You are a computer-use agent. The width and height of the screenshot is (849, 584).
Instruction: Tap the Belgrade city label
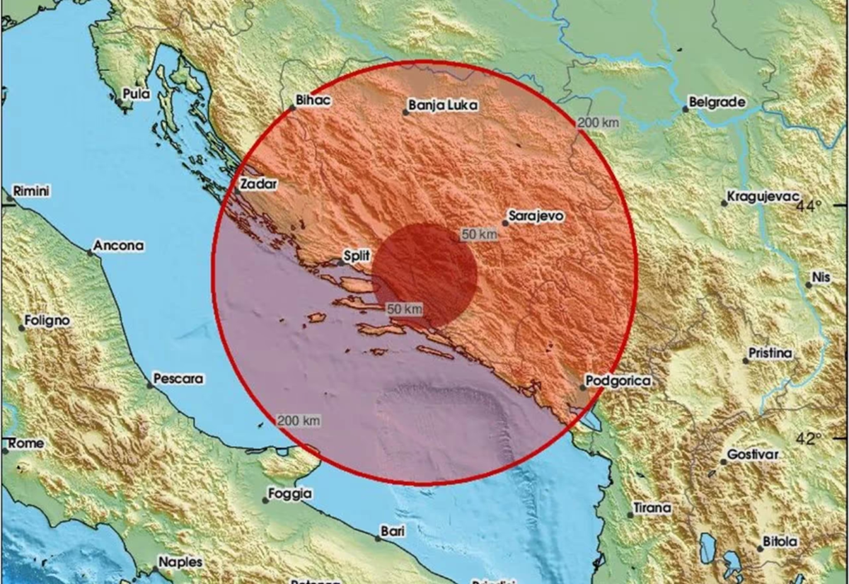point(717,103)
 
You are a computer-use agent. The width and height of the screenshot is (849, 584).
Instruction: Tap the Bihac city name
point(313,101)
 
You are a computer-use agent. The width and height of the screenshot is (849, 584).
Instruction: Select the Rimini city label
point(31,191)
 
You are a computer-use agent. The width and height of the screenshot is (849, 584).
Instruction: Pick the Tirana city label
point(652,508)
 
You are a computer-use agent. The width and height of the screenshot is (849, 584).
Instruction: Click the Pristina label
point(772,353)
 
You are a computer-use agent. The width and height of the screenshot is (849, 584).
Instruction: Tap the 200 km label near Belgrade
point(598,122)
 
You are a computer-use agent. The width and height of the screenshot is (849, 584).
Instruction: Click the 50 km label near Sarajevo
point(479,234)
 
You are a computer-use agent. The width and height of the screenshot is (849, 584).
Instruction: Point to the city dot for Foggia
point(265,500)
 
